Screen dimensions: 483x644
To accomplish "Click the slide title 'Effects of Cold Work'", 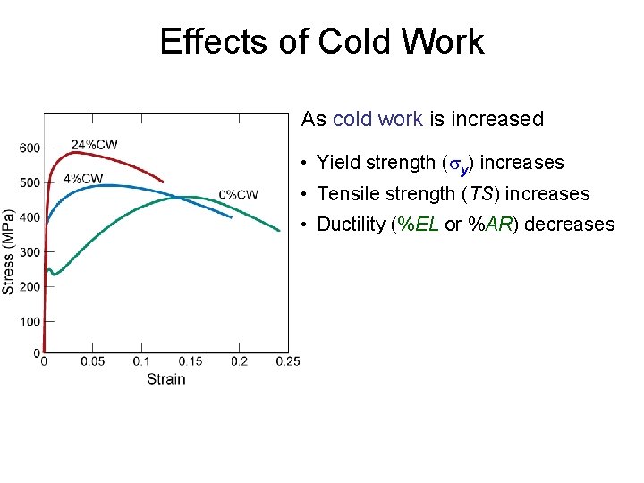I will [x=322, y=42].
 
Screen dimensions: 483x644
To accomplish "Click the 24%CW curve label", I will [x=95, y=145].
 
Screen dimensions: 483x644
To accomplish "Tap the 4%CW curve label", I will [x=83, y=178].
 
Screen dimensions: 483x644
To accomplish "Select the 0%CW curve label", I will [x=239, y=194].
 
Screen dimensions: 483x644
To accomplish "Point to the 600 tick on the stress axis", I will [x=30, y=148].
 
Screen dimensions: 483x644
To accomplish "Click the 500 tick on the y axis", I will [x=30, y=182].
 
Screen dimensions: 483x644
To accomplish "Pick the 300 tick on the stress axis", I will [x=30, y=252].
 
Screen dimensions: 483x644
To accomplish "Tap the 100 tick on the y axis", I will [x=30, y=321].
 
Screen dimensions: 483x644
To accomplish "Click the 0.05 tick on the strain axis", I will [x=92, y=361].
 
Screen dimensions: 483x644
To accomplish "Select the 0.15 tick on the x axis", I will [x=190, y=361].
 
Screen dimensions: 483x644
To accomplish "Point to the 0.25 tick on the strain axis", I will [x=287, y=361].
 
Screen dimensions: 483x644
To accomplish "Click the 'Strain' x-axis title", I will [x=166, y=378].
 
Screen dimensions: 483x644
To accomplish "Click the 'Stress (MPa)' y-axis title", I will [x=9, y=251].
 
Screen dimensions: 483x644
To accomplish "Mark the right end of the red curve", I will [x=163, y=182].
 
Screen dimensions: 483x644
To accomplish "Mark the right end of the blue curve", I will [x=232, y=217].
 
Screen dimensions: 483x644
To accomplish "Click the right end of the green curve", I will [x=280, y=231].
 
